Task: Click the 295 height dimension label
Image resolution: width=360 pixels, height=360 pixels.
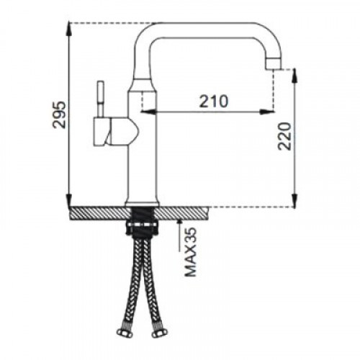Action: click(x=59, y=115)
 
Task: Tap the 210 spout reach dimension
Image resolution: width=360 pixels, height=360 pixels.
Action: click(x=214, y=101)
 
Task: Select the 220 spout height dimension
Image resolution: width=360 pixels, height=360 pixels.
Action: click(x=284, y=136)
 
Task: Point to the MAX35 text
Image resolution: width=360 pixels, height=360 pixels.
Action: click(x=190, y=252)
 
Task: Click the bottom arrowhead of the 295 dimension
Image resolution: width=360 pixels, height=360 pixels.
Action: click(x=69, y=199)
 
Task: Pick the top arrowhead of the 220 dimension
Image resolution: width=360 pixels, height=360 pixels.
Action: click(x=294, y=76)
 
